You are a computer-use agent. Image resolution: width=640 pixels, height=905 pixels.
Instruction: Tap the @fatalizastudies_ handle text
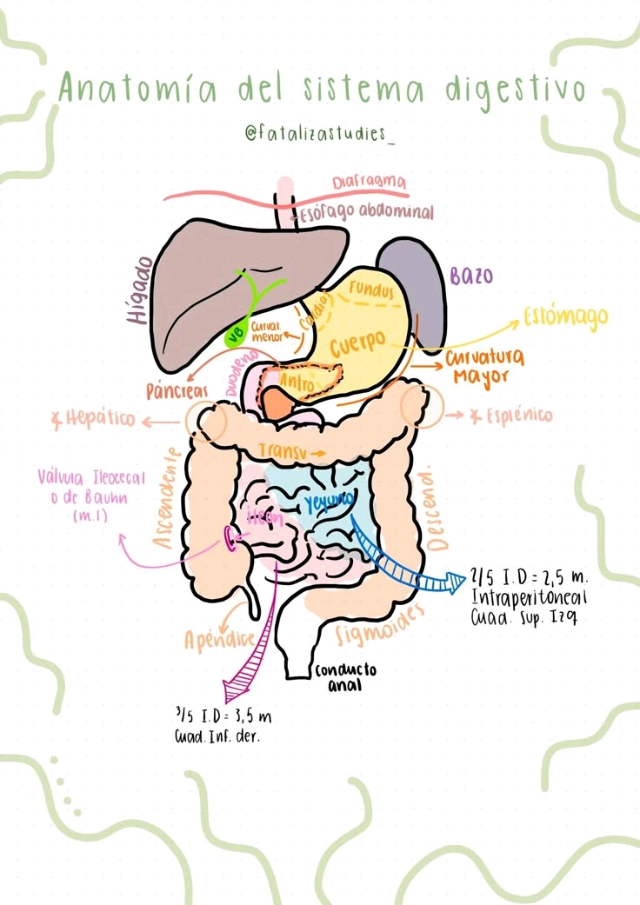click(320, 135)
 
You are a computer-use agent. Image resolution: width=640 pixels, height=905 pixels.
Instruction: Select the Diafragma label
click(370, 183)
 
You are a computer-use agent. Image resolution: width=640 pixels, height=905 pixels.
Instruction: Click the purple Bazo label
click(471, 276)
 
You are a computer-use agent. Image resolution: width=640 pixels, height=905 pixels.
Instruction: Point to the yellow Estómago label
click(565, 317)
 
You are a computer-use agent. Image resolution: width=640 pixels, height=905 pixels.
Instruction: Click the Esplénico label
click(511, 416)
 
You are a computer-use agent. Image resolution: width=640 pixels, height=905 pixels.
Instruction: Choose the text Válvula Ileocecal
click(91, 478)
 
